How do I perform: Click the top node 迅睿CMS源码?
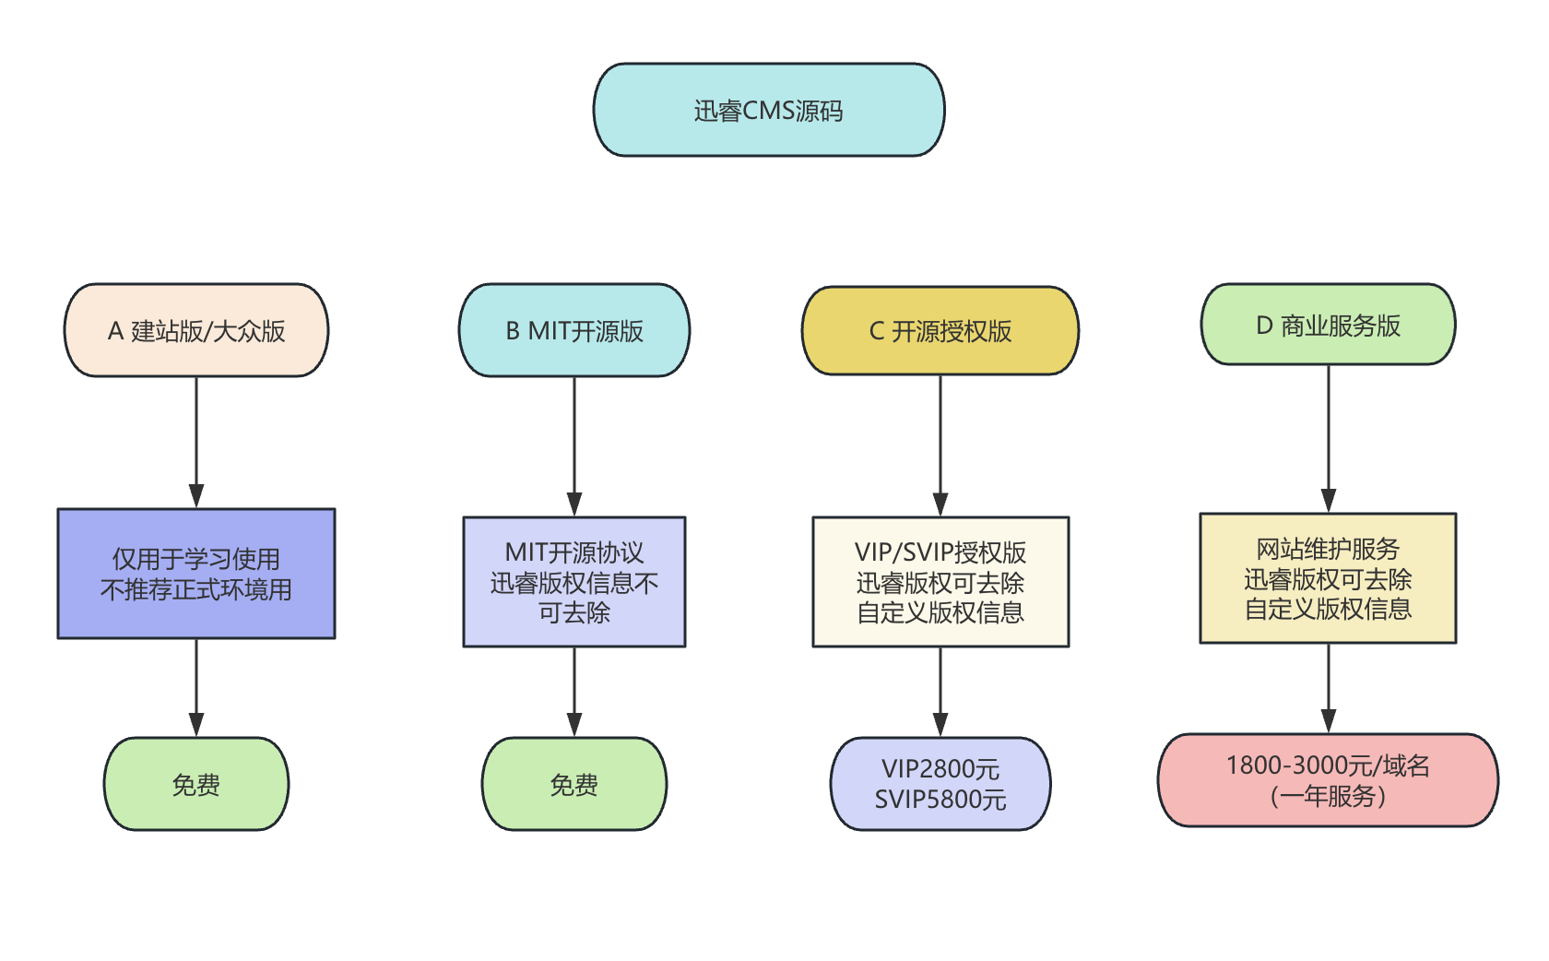[768, 110]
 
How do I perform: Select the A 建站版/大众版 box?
[196, 330]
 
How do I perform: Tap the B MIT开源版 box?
[574, 330]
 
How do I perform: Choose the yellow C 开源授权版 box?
[940, 330]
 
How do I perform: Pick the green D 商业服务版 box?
[1328, 325]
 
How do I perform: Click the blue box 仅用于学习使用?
[196, 574]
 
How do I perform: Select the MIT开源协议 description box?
[574, 582]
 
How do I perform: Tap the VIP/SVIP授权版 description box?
[940, 582]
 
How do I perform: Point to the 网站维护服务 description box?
[1328, 578]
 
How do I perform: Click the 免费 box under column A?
[196, 784]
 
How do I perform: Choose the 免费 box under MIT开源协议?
[574, 784]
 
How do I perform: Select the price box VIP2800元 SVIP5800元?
[940, 784]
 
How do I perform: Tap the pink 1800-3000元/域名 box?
[1328, 780]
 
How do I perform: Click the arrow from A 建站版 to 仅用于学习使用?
[196, 443]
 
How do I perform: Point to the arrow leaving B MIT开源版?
[574, 446]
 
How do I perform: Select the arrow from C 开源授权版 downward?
[940, 446]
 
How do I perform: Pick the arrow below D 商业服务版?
[1328, 439]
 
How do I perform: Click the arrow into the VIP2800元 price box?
[940, 692]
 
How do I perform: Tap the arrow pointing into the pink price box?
[1328, 688]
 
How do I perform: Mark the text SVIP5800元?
[940, 800]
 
